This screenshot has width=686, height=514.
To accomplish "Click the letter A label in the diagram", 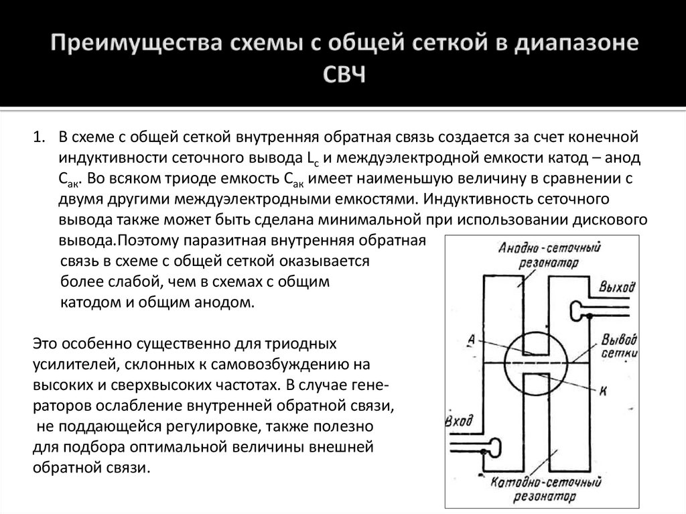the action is [472, 340].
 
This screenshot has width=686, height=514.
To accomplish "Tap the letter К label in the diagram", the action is [602, 392].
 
